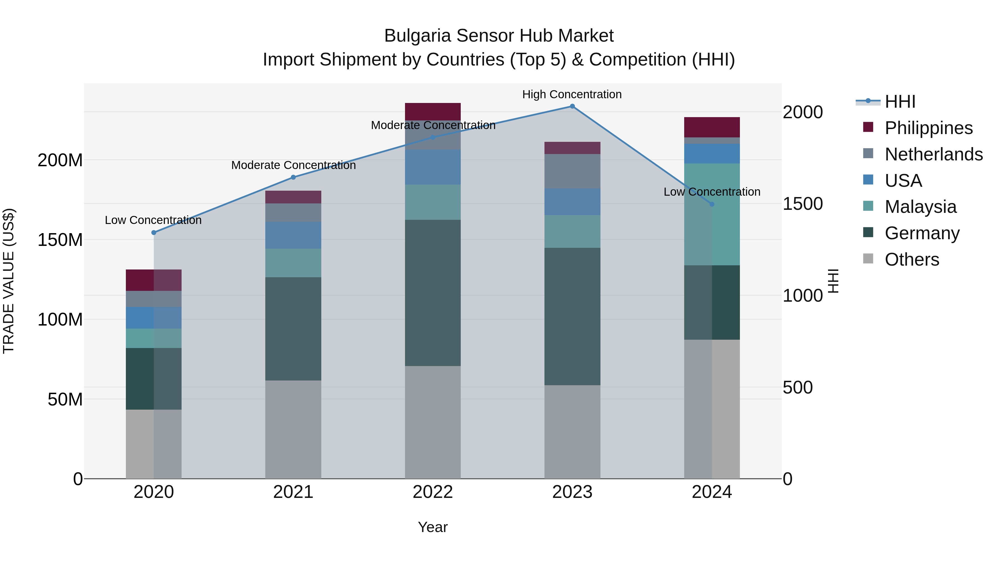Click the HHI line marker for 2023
point(572,106)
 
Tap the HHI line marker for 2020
point(154,233)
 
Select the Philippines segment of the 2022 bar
point(433,112)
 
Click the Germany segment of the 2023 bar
point(572,316)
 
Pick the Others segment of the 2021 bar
point(293,429)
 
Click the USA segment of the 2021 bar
point(293,235)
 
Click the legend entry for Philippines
point(928,128)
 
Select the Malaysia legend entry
point(920,207)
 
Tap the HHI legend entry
point(900,102)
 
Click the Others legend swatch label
point(912,259)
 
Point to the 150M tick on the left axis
point(60,240)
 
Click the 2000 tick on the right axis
point(802,112)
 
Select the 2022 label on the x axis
point(433,492)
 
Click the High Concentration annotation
point(572,94)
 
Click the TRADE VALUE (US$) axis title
point(9,281)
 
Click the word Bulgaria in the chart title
point(417,36)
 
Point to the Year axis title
point(433,527)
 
